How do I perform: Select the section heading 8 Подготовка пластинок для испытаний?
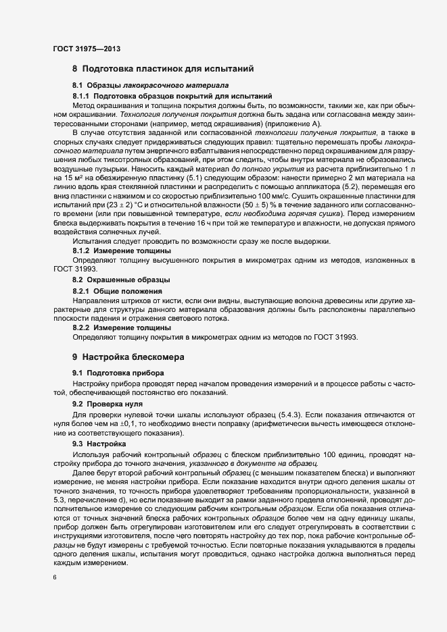click(162, 69)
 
